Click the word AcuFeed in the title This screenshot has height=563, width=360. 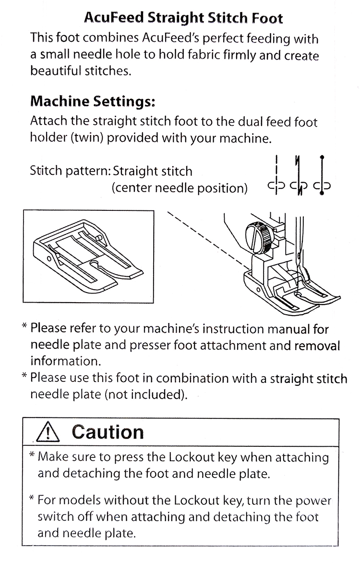[x=111, y=19]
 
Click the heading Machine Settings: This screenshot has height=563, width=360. [x=93, y=102]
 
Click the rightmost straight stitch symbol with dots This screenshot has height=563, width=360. [x=322, y=174]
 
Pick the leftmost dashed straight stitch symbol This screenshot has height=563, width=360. [x=276, y=174]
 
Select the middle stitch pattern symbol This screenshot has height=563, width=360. [x=299, y=174]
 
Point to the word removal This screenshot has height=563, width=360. [x=316, y=345]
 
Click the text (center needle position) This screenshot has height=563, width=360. [x=180, y=187]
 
